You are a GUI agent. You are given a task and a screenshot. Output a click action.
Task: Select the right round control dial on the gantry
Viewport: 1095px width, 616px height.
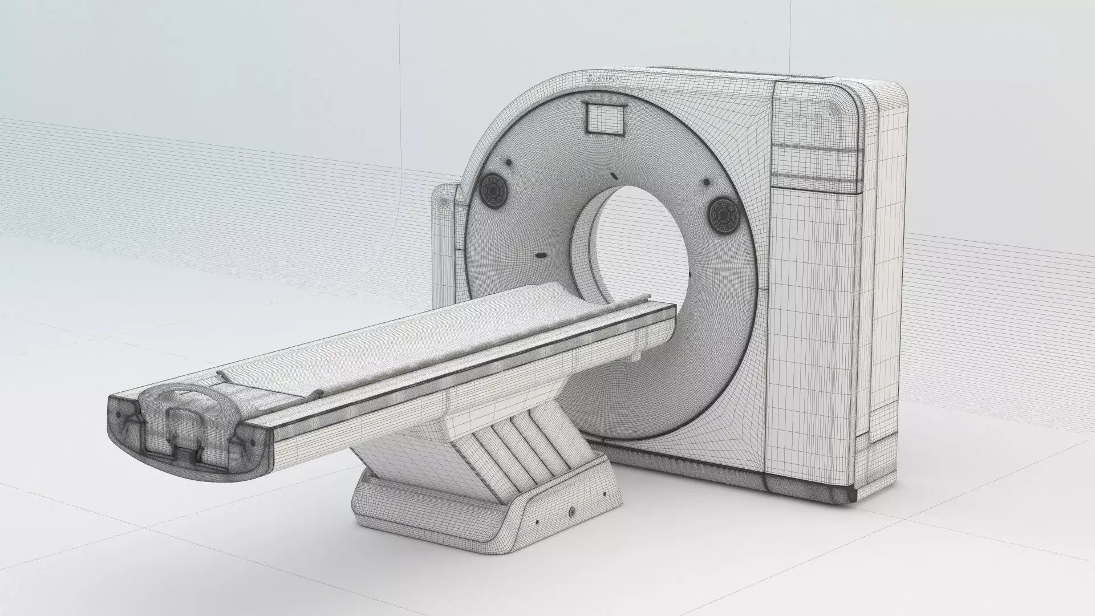(723, 214)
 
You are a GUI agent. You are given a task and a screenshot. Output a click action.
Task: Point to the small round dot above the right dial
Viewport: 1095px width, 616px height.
(707, 182)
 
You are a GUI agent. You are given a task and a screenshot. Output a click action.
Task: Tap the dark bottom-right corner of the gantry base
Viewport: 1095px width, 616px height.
(851, 495)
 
